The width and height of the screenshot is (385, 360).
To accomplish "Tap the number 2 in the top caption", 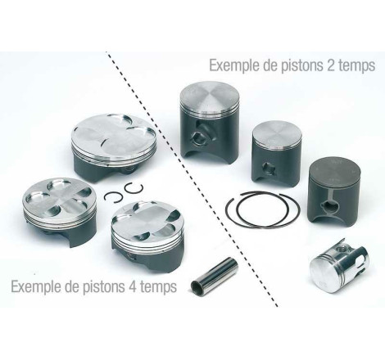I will pyautogui.click(x=341, y=64).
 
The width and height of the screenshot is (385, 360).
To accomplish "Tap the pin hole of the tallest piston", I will pyautogui.click(x=199, y=135).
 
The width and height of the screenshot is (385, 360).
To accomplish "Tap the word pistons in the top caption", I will pyautogui.click(x=310, y=64).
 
